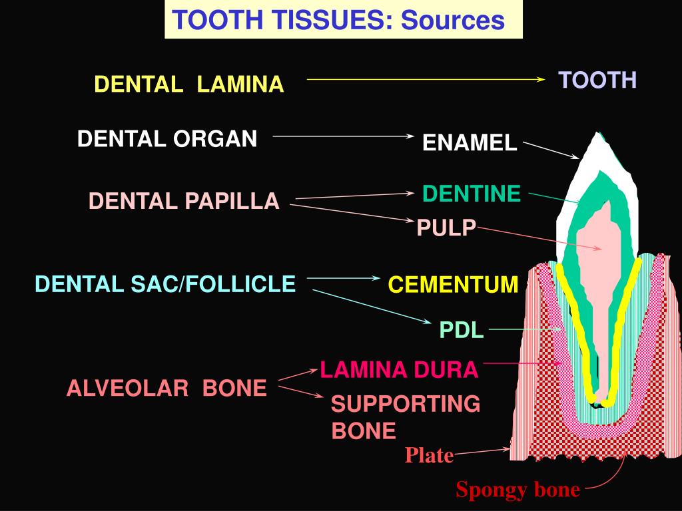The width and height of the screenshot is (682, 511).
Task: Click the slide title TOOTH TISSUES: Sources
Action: click(338, 21)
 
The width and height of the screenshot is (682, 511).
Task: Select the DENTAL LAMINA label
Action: click(188, 85)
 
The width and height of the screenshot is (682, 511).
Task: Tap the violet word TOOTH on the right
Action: click(597, 81)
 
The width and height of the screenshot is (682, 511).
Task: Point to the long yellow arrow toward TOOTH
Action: click(426, 79)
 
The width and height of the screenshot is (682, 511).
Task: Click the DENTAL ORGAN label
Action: click(167, 139)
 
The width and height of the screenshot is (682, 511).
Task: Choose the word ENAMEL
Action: click(470, 143)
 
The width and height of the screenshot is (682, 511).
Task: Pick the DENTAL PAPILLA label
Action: click(184, 201)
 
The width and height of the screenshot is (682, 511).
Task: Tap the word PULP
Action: click(446, 228)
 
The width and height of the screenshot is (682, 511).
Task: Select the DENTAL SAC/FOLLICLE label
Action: click(165, 285)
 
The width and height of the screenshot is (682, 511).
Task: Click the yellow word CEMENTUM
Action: click(453, 285)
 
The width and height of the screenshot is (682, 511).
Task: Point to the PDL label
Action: click(462, 329)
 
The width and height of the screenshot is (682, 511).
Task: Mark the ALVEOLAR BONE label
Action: click(167, 389)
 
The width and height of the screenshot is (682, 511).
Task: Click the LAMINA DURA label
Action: click(399, 369)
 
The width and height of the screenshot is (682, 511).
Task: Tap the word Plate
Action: click(430, 456)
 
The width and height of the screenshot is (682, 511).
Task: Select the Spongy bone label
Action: click(517, 490)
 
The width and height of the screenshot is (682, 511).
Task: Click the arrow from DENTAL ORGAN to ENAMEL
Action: click(344, 136)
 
